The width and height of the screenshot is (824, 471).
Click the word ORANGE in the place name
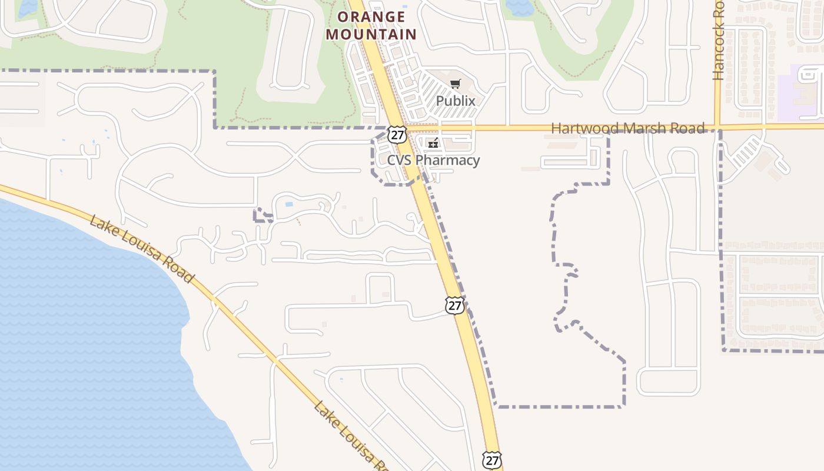click(x=371, y=17)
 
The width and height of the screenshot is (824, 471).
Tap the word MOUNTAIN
click(x=371, y=34)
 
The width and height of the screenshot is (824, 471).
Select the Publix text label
click(x=456, y=101)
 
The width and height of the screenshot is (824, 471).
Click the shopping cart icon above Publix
click(x=455, y=84)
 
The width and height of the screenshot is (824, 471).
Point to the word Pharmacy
click(x=448, y=160)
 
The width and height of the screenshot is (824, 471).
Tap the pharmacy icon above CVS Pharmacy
click(x=433, y=143)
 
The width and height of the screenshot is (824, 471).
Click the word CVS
click(x=400, y=160)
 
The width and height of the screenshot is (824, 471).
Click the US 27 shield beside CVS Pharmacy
click(x=398, y=134)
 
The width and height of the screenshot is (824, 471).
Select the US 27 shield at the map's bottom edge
click(x=491, y=460)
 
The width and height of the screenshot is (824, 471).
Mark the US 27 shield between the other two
click(x=454, y=305)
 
